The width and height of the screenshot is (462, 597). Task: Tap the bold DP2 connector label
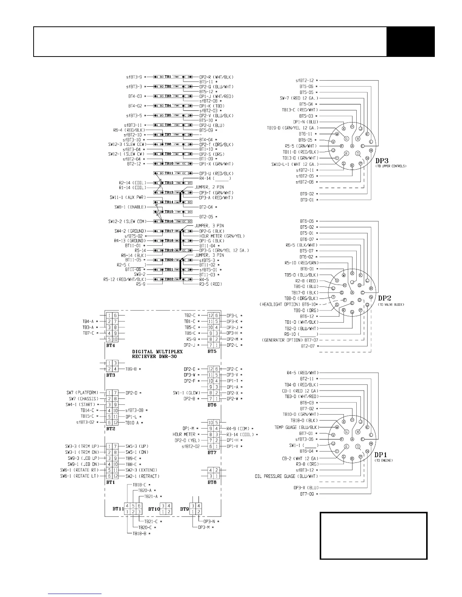(386, 298)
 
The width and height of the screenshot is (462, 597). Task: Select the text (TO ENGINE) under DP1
(384, 461)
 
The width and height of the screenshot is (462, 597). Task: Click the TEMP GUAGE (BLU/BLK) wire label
(297, 427)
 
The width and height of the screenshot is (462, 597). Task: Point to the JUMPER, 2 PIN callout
(209, 187)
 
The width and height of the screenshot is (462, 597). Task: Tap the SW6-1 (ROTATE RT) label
(79, 470)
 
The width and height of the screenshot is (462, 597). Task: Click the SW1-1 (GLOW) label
(186, 393)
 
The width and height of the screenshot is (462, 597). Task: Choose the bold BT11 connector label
(118, 509)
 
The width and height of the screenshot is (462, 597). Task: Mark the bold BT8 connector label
(212, 482)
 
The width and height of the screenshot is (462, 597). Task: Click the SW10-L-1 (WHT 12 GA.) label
(295, 164)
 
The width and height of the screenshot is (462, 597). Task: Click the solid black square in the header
(411, 41)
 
